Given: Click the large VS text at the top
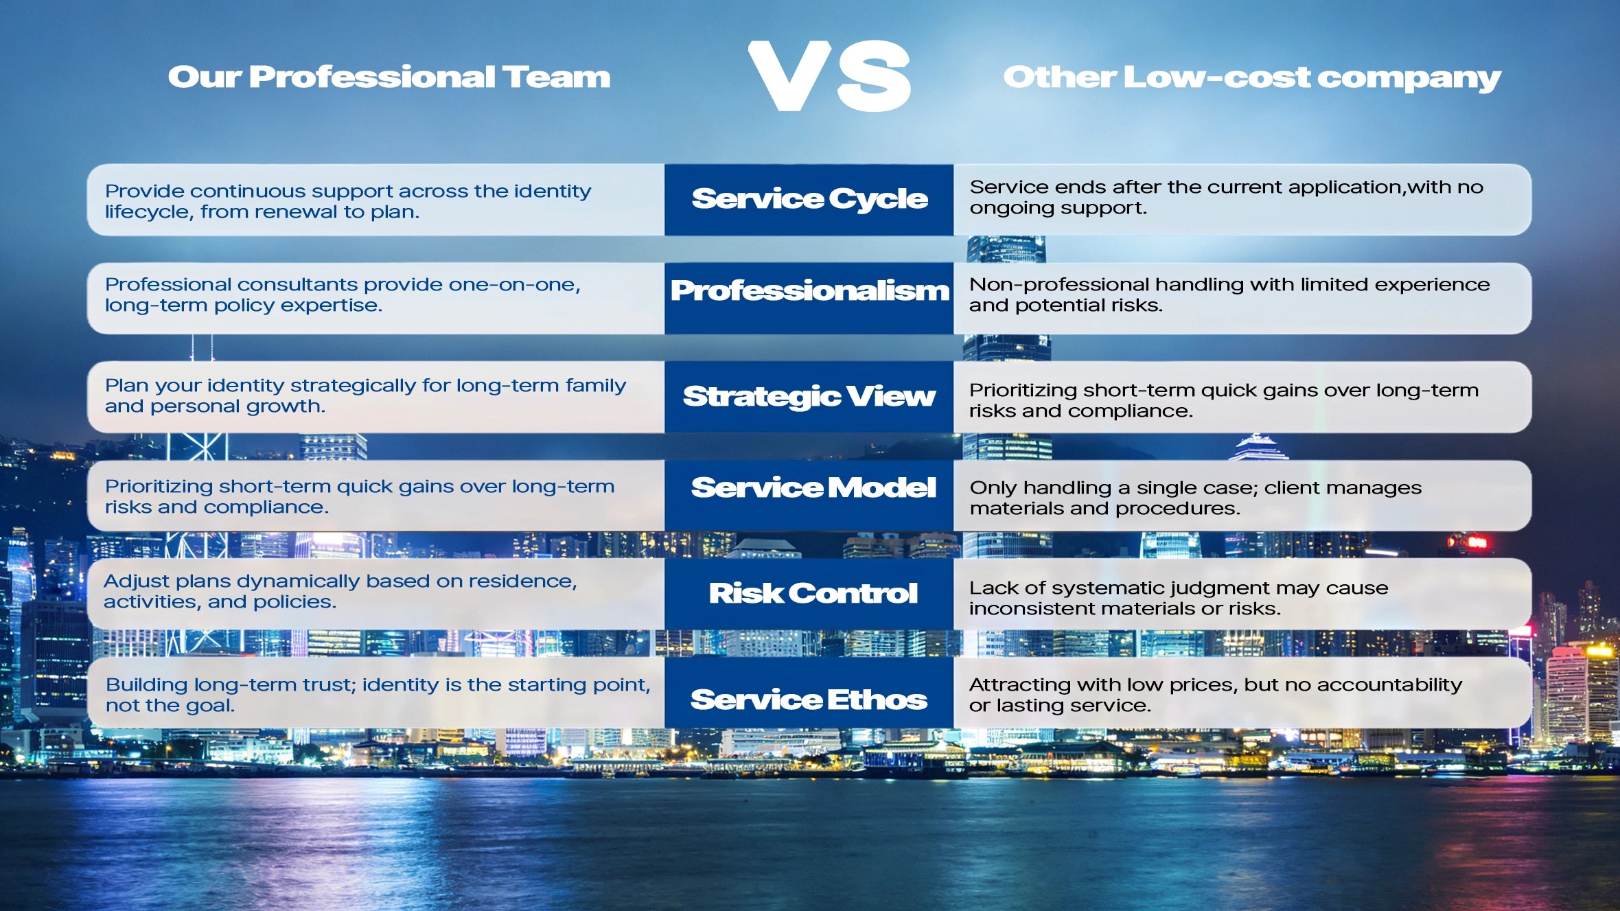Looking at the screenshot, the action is point(829,76).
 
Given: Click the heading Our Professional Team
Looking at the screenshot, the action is point(389,77).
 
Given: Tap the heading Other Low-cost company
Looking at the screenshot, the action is point(1252,78).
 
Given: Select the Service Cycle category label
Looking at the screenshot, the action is point(810,198).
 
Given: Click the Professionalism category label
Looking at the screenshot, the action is point(810,290).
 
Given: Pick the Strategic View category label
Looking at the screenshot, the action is point(809,396).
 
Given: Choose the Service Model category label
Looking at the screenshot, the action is point(813,487).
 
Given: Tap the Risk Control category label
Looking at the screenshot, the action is point(813,593).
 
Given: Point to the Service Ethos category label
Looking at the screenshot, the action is point(809,700).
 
